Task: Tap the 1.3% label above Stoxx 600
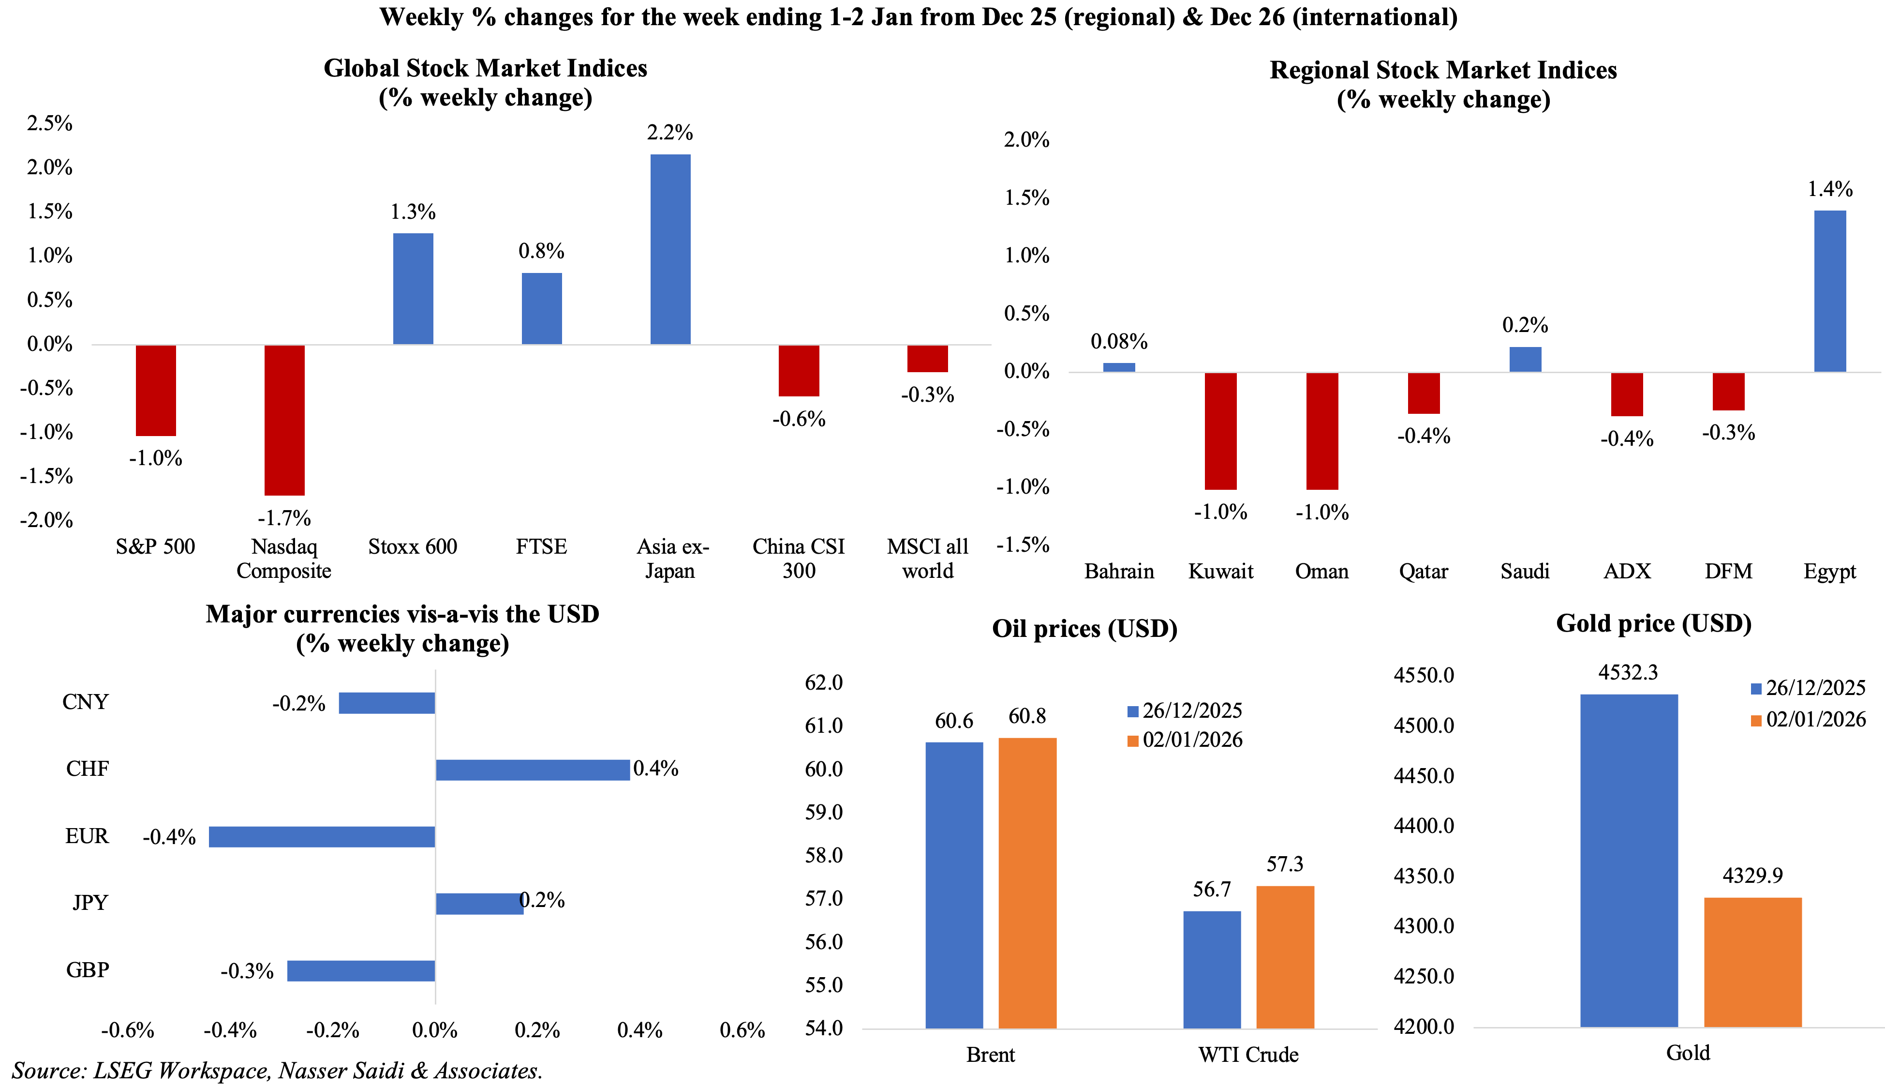[x=413, y=212]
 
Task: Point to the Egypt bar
[x=1830, y=291]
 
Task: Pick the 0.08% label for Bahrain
[x=1119, y=342]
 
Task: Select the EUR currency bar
[x=322, y=836]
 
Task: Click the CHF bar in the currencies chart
[x=533, y=770]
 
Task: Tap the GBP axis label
[x=88, y=969]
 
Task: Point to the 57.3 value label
[x=1285, y=864]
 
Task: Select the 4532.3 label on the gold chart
[x=1628, y=673]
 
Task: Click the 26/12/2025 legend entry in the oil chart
[x=1185, y=710]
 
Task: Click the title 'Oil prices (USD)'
[x=1084, y=628]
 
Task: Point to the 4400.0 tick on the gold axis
[x=1424, y=826]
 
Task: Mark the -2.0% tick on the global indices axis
[x=46, y=520]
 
